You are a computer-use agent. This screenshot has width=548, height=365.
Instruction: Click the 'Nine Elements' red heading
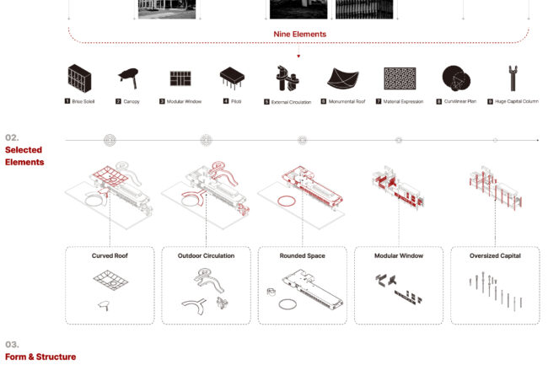point(299,35)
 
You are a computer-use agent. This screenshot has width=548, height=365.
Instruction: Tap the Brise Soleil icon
point(80,78)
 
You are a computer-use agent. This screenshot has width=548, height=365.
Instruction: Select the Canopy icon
point(129,78)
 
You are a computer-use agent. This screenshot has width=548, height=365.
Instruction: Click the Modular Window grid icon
point(180,78)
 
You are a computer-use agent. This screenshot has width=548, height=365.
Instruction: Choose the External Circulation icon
point(287,78)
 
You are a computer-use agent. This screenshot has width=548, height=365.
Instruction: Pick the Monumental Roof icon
point(343,78)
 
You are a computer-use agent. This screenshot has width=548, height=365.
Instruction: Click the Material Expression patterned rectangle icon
point(400,78)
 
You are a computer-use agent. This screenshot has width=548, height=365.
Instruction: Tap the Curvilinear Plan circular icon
point(456,78)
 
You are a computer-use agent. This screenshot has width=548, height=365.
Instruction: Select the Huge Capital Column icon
point(513,78)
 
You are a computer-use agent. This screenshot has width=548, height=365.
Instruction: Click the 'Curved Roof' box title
point(110,255)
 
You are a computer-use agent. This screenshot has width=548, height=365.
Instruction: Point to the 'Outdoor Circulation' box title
point(206,255)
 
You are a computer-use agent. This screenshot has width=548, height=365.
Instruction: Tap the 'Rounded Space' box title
point(303,255)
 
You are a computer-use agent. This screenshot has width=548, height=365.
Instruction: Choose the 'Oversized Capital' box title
point(495,255)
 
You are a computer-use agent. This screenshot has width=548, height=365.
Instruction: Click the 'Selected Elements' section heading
point(24,156)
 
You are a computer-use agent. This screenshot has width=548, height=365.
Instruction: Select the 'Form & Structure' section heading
point(40,357)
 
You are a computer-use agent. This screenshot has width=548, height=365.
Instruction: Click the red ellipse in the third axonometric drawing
point(278,201)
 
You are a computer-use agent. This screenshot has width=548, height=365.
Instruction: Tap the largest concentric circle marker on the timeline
point(110,140)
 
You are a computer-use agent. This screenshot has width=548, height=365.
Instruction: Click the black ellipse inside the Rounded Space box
point(279,305)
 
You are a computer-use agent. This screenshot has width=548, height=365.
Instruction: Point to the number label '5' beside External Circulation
point(266,102)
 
